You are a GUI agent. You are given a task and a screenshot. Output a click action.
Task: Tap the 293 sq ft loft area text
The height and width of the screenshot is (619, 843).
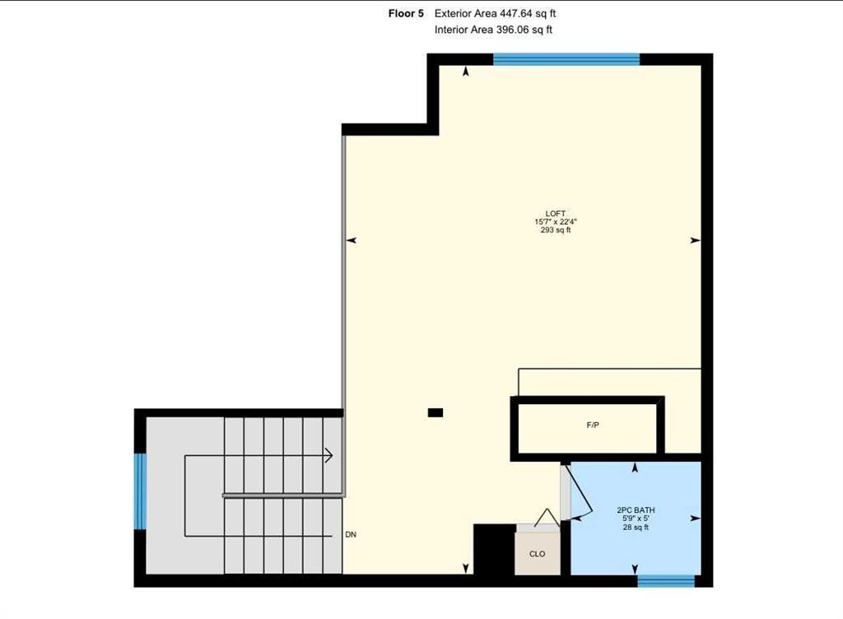click(552, 230)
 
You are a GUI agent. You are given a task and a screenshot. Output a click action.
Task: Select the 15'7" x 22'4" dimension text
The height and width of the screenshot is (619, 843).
click(552, 221)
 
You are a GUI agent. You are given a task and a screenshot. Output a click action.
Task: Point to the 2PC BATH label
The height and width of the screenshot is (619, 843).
click(636, 510)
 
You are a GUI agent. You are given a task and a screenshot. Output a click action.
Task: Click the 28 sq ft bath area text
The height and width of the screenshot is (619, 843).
click(636, 528)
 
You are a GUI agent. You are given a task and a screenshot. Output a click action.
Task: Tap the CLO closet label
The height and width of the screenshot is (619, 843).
click(537, 554)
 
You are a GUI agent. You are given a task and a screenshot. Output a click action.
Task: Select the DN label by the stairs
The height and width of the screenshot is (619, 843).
click(351, 534)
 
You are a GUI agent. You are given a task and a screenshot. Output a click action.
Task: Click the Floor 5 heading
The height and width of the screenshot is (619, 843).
click(406, 13)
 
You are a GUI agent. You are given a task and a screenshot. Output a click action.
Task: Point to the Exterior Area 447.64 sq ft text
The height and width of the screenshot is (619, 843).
click(501, 13)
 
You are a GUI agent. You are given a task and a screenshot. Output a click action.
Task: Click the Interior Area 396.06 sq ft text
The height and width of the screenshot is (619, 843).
click(493, 30)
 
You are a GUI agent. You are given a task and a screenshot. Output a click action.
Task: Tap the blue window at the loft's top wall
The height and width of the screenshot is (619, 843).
click(566, 58)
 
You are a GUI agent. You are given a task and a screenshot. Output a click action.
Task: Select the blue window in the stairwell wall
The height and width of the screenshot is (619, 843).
click(140, 491)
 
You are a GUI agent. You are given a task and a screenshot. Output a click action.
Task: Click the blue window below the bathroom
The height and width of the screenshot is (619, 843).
click(666, 581)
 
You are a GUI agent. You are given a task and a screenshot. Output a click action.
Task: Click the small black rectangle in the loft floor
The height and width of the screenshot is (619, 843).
click(435, 412)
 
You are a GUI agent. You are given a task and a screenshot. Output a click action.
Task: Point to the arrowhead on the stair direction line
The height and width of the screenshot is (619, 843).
click(328, 455)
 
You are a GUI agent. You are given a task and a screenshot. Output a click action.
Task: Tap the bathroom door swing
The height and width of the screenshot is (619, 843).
click(579, 494)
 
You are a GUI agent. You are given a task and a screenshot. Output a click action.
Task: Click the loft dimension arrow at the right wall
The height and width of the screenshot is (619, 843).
click(696, 240)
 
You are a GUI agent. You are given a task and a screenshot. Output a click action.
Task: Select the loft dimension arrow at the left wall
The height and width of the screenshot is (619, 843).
click(351, 240)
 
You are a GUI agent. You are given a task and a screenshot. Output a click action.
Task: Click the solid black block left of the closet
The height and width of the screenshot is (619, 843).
click(494, 550)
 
